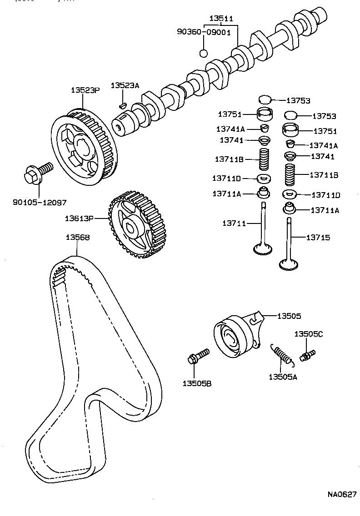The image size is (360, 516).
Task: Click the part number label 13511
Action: click(221, 19)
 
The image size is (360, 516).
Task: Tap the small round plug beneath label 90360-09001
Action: click(204, 53)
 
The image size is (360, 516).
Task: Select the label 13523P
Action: click(85, 90)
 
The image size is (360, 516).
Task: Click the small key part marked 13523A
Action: click(121, 105)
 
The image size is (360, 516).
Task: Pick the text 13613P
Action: click(79, 218)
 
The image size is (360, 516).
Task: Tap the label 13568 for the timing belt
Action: click(77, 237)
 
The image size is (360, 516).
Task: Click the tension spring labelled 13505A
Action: click(282, 353)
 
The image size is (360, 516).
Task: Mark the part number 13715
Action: click(318, 238)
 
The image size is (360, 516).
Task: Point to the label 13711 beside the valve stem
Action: click(234, 223)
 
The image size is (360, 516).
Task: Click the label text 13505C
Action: click(308, 334)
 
